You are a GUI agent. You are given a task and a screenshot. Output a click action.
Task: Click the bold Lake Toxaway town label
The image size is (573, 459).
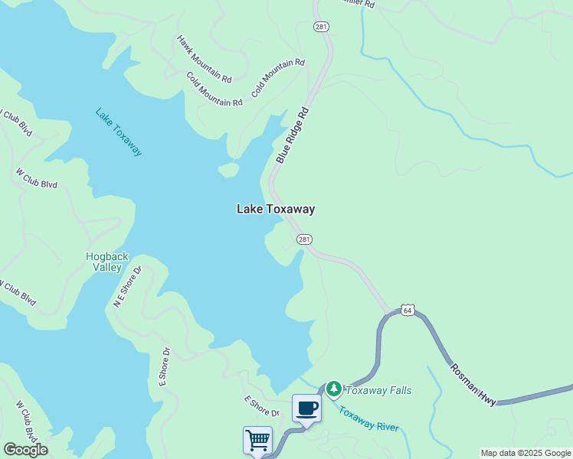tap(275, 209)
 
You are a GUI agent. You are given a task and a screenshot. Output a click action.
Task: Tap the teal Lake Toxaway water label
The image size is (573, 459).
tap(119, 132)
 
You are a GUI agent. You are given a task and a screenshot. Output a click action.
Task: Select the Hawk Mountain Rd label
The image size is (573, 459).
tap(204, 58)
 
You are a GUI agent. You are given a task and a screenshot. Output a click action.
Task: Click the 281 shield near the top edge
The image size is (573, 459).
tap(320, 27)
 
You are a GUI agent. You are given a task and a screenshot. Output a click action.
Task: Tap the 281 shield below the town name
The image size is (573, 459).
tap(304, 239)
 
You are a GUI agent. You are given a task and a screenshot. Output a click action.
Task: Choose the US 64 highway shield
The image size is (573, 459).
tap(407, 310)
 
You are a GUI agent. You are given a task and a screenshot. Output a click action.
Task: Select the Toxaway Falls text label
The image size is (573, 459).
tap(378, 390)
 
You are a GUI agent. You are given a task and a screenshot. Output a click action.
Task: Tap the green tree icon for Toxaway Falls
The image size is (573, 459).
tap(334, 389)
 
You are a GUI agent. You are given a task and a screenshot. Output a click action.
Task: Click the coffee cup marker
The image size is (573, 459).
tap(306, 409)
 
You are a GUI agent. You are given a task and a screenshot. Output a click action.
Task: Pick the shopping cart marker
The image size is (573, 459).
tap(257, 440)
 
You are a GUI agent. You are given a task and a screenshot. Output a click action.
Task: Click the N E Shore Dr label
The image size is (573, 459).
tap(128, 287)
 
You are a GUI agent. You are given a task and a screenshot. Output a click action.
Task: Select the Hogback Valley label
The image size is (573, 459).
tap(106, 262)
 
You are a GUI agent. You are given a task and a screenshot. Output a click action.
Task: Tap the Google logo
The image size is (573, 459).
tap(25, 450)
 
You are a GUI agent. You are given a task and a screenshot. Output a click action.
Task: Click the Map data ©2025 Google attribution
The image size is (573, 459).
tap(526, 453)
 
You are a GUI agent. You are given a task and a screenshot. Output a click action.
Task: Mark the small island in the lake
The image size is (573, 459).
tap(228, 170)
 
